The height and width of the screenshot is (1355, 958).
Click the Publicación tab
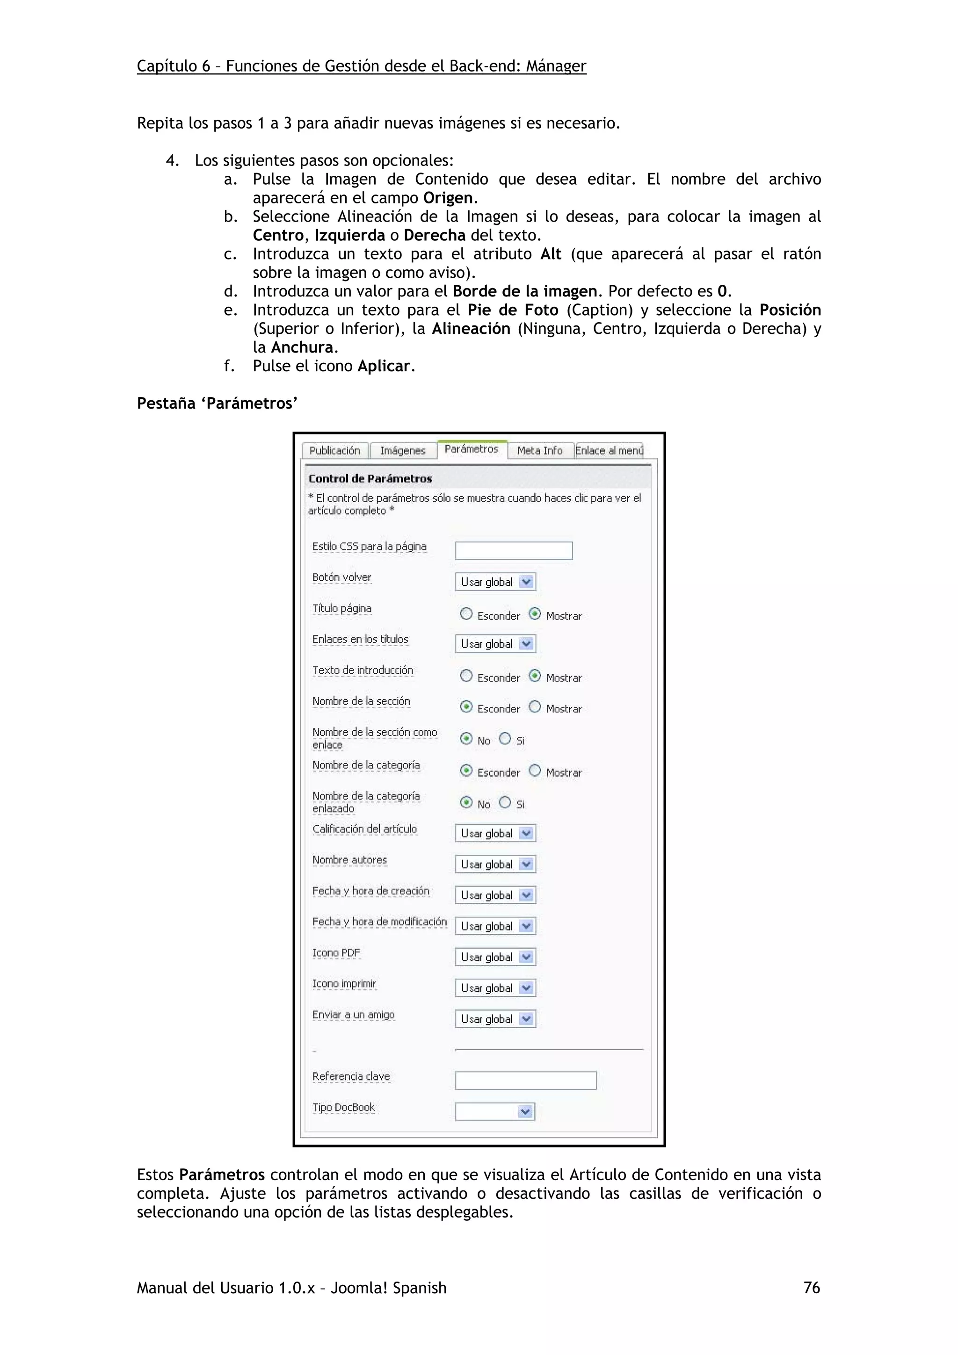click(334, 450)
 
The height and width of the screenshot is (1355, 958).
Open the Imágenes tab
click(403, 450)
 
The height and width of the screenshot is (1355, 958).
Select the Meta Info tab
click(539, 450)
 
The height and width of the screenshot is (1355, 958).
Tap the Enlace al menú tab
click(609, 450)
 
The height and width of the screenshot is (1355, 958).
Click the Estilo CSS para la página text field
click(514, 551)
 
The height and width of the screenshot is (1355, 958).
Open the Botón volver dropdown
click(495, 582)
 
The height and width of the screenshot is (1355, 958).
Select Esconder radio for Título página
click(466, 614)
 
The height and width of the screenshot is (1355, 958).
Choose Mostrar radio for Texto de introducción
click(535, 676)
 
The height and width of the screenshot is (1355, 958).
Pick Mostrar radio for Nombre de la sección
click(535, 707)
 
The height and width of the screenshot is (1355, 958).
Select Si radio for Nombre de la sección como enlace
click(505, 739)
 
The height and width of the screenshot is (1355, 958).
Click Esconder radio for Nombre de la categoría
click(466, 771)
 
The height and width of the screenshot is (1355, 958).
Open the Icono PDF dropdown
click(495, 957)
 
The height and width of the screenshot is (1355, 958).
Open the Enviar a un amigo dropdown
click(495, 1019)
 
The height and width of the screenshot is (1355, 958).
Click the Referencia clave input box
click(525, 1081)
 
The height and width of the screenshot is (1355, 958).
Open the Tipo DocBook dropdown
click(495, 1112)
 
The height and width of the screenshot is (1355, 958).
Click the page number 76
click(812, 1288)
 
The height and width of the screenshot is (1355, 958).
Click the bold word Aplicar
click(383, 366)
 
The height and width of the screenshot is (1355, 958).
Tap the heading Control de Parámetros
click(370, 479)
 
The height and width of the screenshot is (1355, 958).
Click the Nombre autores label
click(349, 860)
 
